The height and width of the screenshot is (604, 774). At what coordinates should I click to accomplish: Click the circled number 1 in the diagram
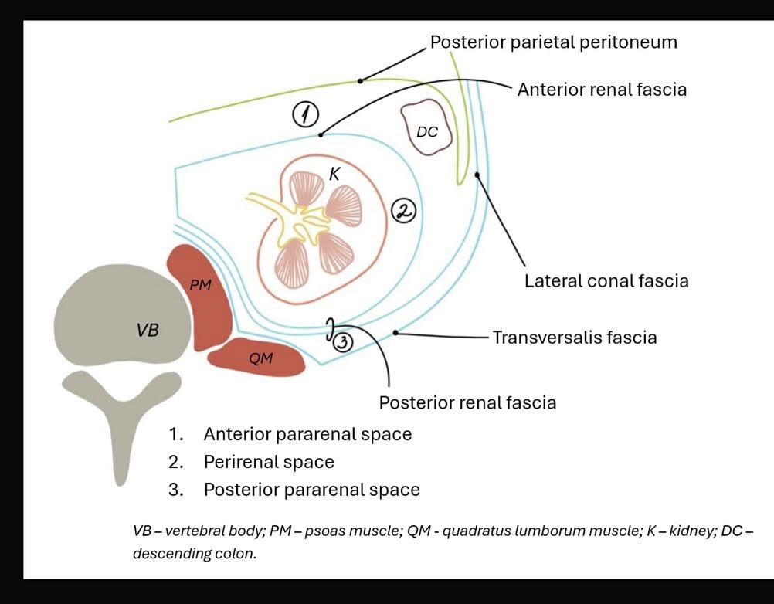(x=306, y=115)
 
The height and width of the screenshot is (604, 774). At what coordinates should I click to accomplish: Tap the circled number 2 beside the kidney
(x=404, y=211)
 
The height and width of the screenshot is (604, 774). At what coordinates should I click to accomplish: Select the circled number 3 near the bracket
(x=343, y=342)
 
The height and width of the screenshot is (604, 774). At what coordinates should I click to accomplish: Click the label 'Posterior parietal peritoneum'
(x=553, y=42)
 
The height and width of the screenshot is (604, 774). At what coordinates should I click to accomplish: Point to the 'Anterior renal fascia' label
(x=602, y=90)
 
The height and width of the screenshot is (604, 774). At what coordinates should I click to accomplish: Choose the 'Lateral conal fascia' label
(x=606, y=281)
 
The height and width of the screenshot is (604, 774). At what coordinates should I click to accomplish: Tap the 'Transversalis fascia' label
(x=575, y=338)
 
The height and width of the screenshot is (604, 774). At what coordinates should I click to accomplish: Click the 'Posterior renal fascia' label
(x=467, y=402)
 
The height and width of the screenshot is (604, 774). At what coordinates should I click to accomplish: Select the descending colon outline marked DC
(x=427, y=127)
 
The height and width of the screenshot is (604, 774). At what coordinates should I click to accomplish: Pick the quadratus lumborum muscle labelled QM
(x=256, y=358)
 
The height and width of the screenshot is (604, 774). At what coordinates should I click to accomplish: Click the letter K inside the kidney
(x=334, y=174)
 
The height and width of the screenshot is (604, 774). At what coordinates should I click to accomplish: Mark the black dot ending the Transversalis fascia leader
(x=395, y=333)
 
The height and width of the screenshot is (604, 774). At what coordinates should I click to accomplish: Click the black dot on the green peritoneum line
(x=360, y=80)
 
